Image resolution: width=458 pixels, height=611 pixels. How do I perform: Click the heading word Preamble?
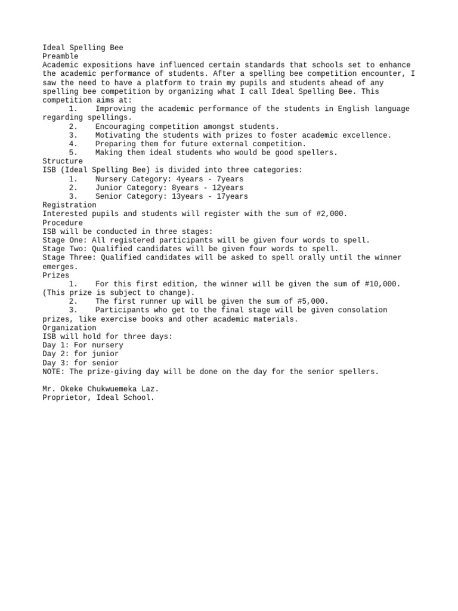point(60,56)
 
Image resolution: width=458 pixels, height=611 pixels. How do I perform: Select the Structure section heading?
point(63,161)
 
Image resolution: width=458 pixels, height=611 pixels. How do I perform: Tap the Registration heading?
point(69,205)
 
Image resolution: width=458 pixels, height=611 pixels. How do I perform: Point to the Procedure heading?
point(63,223)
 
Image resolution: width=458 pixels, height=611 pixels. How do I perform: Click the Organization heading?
point(69,328)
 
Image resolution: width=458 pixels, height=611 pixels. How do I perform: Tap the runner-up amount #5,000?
point(311,301)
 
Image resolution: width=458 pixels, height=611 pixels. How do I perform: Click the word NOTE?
point(54,371)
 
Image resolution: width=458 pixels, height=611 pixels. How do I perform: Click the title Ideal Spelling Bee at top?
point(83,47)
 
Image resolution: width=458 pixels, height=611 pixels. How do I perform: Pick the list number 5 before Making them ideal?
point(72,153)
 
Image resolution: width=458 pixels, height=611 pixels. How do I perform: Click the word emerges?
point(58,266)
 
